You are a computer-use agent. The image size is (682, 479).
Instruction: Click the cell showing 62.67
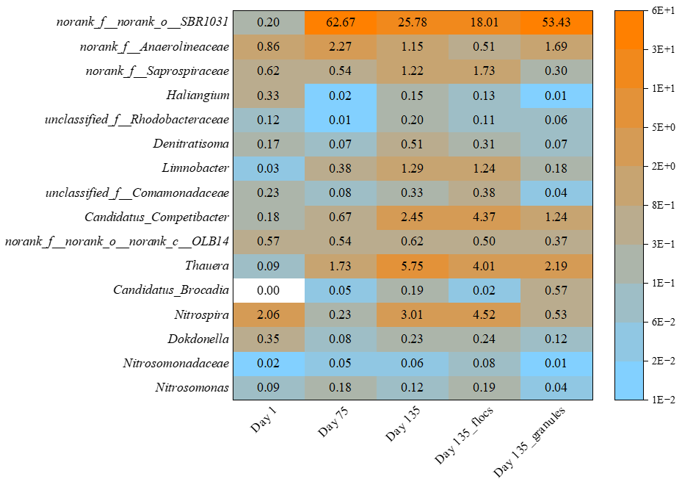click(341, 23)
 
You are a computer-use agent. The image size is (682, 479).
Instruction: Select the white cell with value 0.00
click(269, 289)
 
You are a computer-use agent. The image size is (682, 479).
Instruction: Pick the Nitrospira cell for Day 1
click(269, 314)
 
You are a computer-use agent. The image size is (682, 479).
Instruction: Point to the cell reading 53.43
click(556, 23)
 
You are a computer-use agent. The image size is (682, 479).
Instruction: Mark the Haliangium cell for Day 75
click(341, 96)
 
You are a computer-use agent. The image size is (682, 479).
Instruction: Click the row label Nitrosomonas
click(192, 387)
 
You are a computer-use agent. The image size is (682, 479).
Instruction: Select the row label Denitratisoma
click(191, 144)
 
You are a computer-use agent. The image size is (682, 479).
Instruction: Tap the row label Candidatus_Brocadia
click(171, 289)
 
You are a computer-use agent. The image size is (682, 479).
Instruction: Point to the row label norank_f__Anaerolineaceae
click(155, 47)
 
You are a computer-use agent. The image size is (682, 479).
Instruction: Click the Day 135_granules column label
click(529, 441)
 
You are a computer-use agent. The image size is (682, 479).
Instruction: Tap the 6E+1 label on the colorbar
click(656, 11)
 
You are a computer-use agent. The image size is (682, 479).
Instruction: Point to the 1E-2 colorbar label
click(656, 400)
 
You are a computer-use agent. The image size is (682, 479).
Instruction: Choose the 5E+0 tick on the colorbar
click(656, 128)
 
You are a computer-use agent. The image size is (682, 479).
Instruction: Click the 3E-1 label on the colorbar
click(656, 245)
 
